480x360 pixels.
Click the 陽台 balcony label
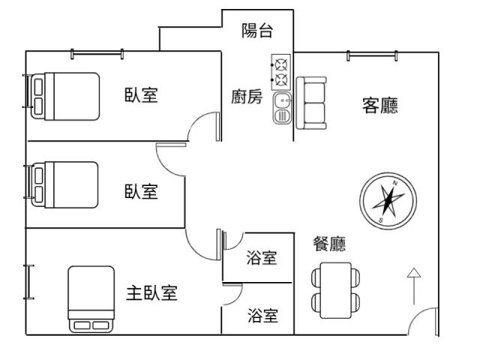[x=256, y=31]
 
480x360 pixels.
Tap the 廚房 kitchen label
[x=246, y=97]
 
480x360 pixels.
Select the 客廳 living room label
[x=380, y=106]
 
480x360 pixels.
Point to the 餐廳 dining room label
[x=329, y=244]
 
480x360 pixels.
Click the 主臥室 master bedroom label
[x=151, y=292]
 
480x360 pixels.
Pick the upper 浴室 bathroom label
[x=262, y=258]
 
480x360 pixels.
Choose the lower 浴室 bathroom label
[x=262, y=316]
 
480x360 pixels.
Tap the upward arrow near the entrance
[x=413, y=284]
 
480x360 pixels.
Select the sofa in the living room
[x=310, y=102]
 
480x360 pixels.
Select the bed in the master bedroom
[x=91, y=298]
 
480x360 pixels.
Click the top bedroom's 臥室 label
[x=141, y=97]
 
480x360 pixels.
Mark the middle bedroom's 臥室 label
[x=141, y=191]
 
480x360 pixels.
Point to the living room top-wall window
[x=373, y=54]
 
